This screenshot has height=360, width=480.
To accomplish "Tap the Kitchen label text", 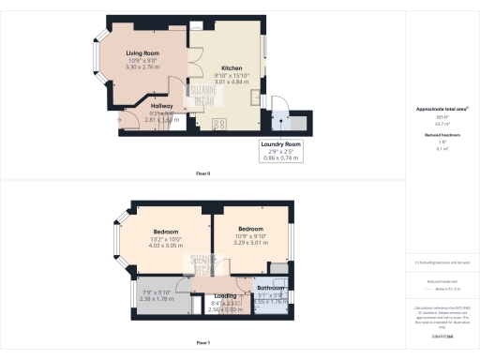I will click(232, 68).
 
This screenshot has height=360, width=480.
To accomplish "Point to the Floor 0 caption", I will click(202, 174).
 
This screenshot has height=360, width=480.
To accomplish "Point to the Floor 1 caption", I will click(202, 344).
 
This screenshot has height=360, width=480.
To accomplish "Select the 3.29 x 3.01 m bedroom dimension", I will click(250, 242).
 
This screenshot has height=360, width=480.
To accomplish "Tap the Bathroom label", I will click(272, 288).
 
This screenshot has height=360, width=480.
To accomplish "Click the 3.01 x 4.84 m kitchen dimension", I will click(232, 82).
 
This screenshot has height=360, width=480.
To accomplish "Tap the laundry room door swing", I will click(270, 106).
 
